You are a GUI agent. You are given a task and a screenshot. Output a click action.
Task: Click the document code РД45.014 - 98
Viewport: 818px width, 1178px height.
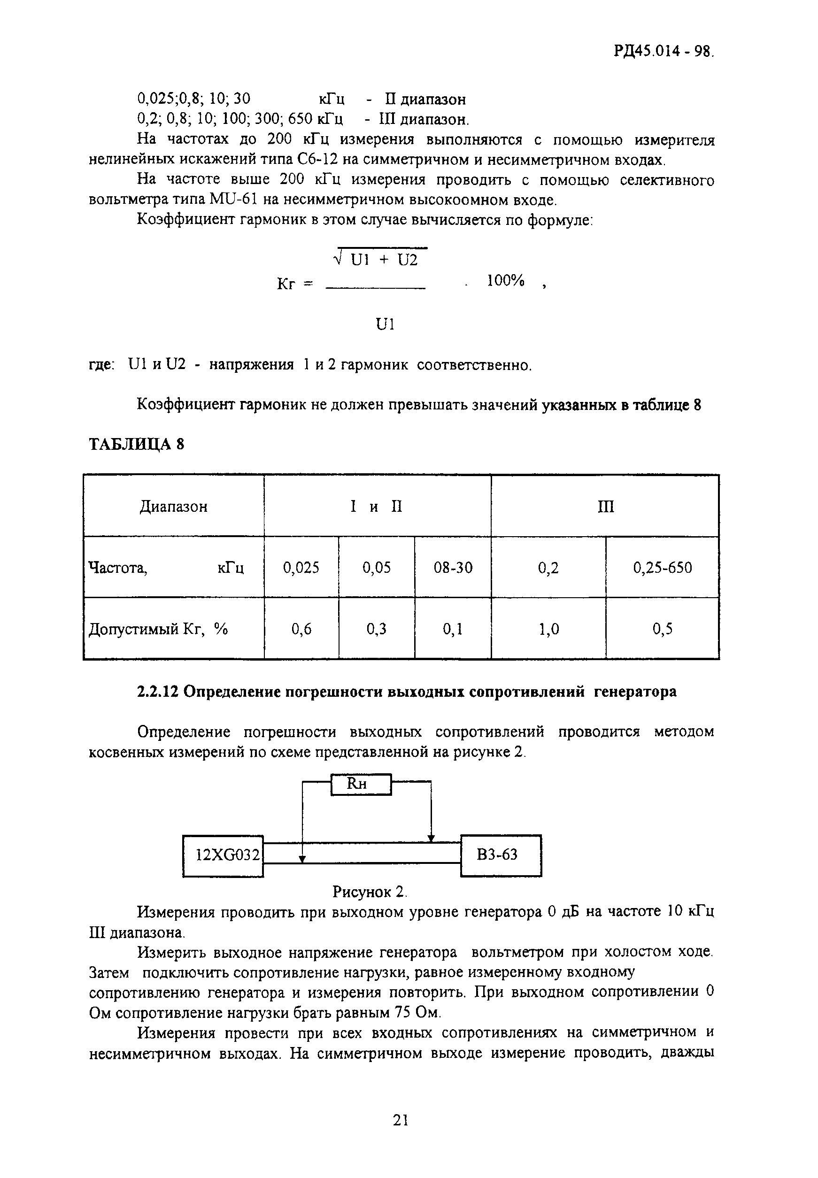pos(663,52)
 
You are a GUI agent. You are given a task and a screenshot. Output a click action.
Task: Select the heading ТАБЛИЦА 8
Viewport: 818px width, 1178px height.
pos(136,444)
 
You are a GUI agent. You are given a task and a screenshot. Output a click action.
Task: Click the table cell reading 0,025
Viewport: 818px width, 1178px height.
pos(301,567)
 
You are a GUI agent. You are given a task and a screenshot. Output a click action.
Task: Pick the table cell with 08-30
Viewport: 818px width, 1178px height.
pos(453,567)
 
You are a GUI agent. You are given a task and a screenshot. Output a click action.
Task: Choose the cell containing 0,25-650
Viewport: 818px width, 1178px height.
pos(662,567)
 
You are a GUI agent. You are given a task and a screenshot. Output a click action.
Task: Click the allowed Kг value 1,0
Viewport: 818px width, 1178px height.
pos(548,629)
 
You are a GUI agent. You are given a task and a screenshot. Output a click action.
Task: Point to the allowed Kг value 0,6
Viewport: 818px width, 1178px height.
pos(301,629)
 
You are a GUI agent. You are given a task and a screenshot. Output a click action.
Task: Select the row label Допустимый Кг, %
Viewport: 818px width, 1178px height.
pos(158,629)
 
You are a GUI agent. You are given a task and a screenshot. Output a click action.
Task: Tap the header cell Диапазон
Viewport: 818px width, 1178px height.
pos(173,507)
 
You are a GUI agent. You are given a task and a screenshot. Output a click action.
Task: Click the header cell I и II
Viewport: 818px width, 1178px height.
pos(377,507)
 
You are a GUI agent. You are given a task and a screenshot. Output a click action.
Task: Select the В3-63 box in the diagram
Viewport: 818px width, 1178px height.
pos(501,855)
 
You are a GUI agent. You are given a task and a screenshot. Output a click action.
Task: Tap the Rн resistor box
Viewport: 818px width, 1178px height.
pos(361,785)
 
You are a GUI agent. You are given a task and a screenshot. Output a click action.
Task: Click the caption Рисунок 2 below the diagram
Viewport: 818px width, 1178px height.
pos(370,892)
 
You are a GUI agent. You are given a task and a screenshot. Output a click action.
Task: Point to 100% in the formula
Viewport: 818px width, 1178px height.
pos(505,281)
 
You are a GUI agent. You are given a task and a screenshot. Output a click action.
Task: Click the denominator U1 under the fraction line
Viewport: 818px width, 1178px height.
pos(385,324)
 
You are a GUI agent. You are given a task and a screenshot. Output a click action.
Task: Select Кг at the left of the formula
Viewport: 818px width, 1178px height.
pos(286,284)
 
